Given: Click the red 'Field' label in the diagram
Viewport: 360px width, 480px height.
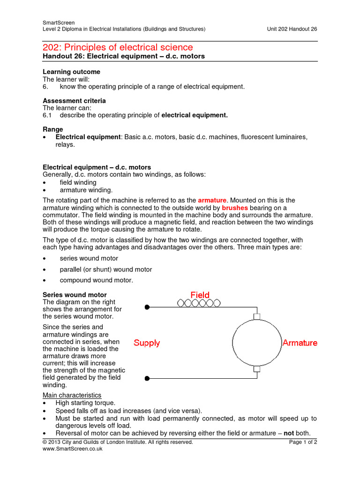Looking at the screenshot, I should pyautogui.click(x=200, y=295).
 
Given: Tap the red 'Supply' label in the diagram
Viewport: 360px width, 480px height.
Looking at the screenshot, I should pyautogui.click(x=147, y=343).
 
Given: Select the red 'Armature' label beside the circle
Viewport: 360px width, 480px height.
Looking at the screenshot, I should pyautogui.click(x=300, y=343).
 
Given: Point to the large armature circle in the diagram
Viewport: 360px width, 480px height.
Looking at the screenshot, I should pyautogui.click(x=256, y=343).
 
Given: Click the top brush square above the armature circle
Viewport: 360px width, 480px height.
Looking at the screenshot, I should pyautogui.click(x=256, y=316).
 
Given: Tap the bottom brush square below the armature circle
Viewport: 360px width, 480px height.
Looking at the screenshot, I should pyautogui.click(x=256, y=369).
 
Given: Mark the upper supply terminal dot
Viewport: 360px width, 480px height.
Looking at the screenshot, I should pyautogui.click(x=147, y=307).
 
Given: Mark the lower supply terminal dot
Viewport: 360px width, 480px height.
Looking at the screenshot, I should pyautogui.click(x=147, y=378).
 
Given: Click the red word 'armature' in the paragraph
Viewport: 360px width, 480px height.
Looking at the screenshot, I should pyautogui.click(x=212, y=200).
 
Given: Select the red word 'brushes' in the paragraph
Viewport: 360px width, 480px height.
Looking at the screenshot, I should pyautogui.click(x=235, y=208).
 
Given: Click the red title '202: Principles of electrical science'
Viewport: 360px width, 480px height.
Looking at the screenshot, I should pyautogui.click(x=118, y=47).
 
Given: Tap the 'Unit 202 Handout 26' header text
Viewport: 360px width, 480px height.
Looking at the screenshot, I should pyautogui.click(x=292, y=29).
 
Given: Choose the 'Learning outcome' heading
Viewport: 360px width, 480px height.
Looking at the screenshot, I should pyautogui.click(x=71, y=72).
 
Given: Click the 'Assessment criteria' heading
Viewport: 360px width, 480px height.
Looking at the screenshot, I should pyautogui.click(x=74, y=101).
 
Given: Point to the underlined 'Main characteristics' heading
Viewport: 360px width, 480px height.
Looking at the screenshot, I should pyautogui.click(x=72, y=395).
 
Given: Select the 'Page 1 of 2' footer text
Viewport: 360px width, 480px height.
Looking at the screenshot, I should pyautogui.click(x=303, y=442).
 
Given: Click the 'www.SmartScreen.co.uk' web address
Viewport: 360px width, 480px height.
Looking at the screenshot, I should pyautogui.click(x=72, y=449).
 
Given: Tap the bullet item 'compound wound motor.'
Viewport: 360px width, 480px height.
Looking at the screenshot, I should pyautogui.click(x=97, y=280).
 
